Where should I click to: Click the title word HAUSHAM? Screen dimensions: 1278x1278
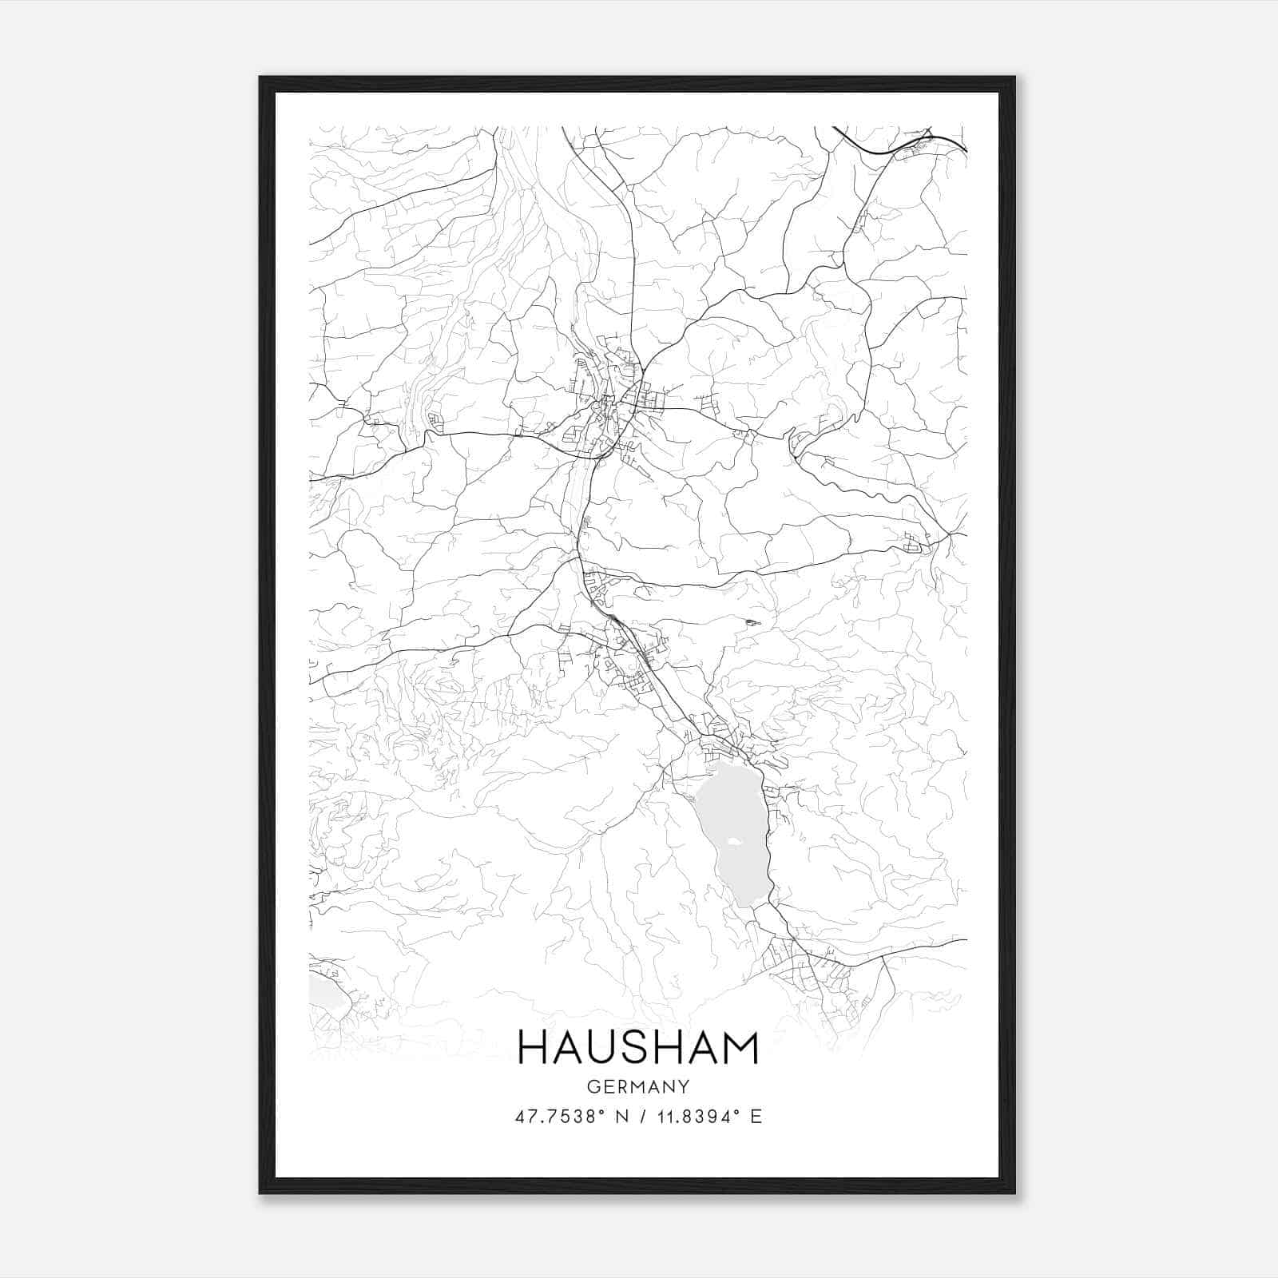pyautogui.click(x=638, y=1048)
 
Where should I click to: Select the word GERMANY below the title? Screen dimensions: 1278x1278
pyautogui.click(x=638, y=1087)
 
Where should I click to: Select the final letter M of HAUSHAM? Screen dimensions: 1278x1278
pyautogui.click(x=740, y=1048)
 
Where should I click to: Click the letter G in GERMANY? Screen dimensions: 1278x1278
pyautogui.click(x=592, y=1087)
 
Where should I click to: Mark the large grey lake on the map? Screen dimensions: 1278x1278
pyautogui.click(x=731, y=831)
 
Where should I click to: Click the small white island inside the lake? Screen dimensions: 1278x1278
pyautogui.click(x=735, y=841)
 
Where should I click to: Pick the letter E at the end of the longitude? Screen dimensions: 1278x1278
pyautogui.click(x=756, y=1117)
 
